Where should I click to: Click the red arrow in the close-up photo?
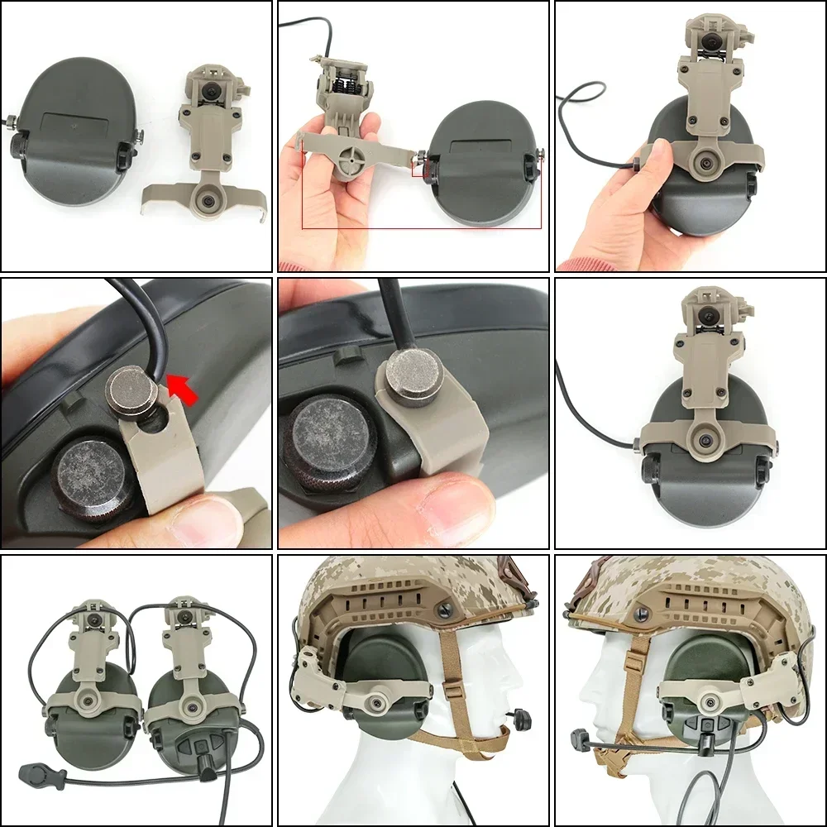tap(184, 386)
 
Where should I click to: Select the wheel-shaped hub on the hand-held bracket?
tap(350, 157)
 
